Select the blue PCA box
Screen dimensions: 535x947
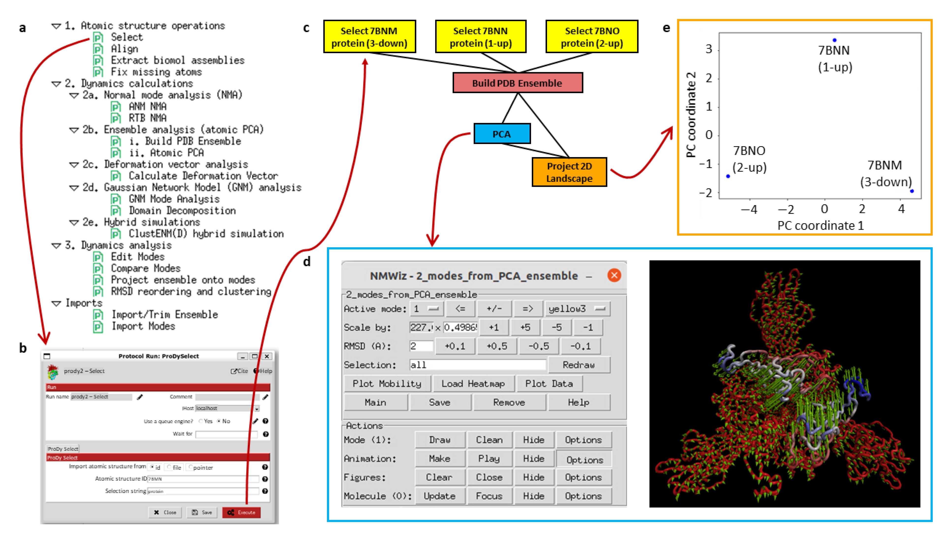click(x=502, y=134)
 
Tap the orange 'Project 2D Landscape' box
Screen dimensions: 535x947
click(x=569, y=172)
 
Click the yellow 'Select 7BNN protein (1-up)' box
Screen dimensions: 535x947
click(x=480, y=37)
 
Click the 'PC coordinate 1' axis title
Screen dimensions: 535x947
click(x=820, y=225)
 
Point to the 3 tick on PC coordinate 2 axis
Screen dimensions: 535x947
click(x=708, y=49)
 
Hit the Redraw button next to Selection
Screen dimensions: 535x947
click(x=578, y=365)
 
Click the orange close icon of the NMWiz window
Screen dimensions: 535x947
click(x=614, y=275)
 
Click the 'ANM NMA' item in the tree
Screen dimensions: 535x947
click(x=147, y=106)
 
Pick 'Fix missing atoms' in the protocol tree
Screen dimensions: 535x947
click(x=156, y=72)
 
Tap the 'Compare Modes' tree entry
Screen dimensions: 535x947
click(x=146, y=268)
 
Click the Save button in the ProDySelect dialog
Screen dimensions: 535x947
click(x=202, y=512)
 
